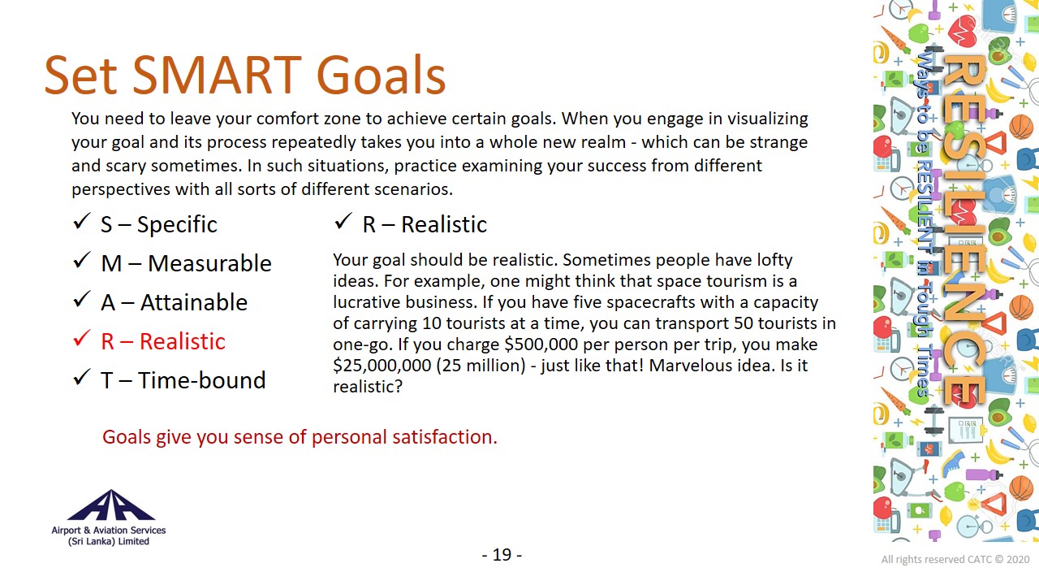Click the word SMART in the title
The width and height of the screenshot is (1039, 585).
[x=217, y=75]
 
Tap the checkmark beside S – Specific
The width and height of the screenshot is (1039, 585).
[x=81, y=222]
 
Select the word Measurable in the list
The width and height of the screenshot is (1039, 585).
[x=209, y=263]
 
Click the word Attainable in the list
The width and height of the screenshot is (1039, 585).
[x=194, y=302]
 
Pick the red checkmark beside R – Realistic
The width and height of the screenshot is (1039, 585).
[x=81, y=339]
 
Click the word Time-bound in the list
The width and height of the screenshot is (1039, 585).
[x=202, y=379]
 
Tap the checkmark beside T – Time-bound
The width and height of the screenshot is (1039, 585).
[x=81, y=378]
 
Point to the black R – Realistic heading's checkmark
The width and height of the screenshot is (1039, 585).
[x=343, y=221]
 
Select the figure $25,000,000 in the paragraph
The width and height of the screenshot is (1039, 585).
[x=382, y=366]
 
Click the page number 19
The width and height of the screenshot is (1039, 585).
[x=502, y=555]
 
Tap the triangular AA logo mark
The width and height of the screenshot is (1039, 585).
[x=110, y=505]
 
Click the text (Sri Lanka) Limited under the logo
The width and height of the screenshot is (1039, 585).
[x=109, y=541]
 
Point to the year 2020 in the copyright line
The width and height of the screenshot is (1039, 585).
[x=1018, y=560]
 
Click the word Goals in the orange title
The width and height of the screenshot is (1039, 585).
[x=381, y=75]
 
